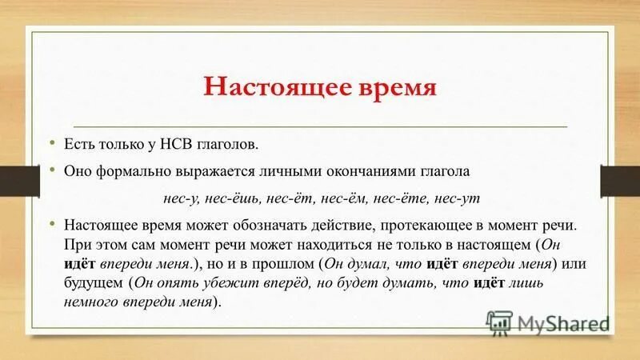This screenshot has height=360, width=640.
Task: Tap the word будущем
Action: click(92, 283)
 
